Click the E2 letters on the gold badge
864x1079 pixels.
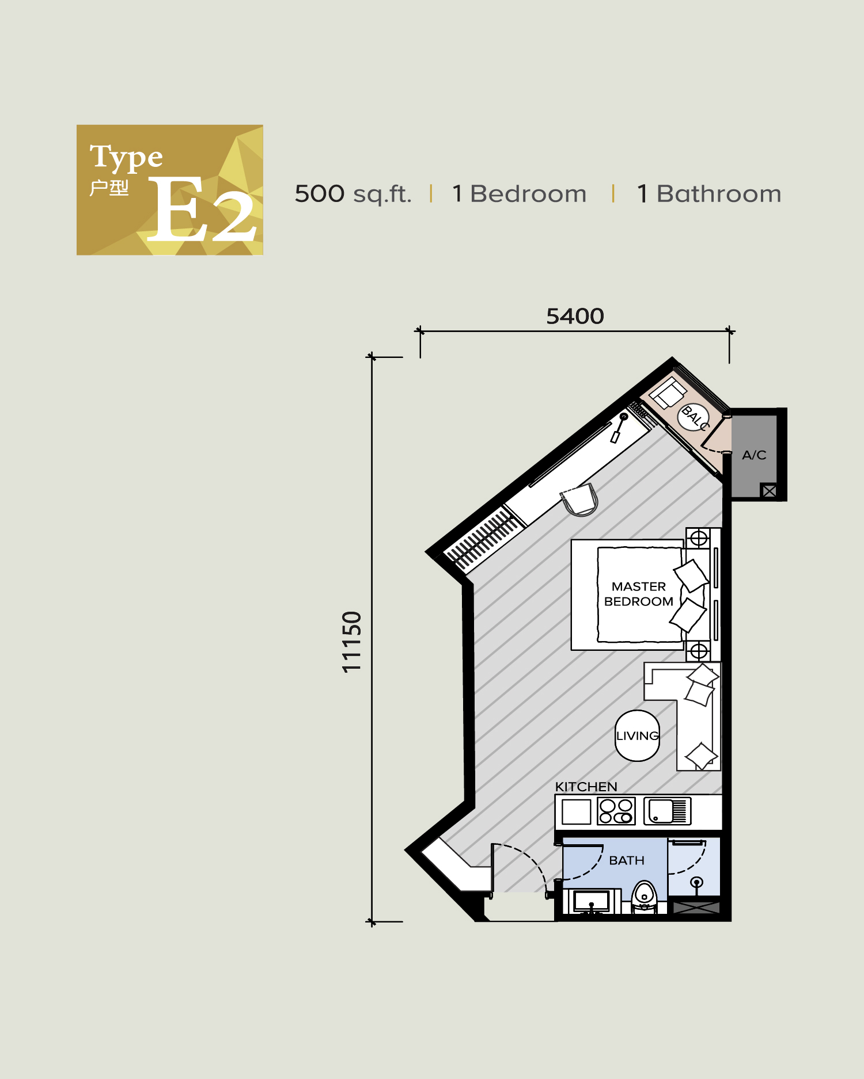pyautogui.click(x=202, y=210)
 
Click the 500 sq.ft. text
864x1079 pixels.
pyautogui.click(x=353, y=194)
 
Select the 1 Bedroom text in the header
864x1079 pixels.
pyautogui.click(x=519, y=194)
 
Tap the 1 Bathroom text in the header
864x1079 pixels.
pyautogui.click(x=709, y=194)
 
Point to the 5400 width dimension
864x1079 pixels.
pyautogui.click(x=575, y=317)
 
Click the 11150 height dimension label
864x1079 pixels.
pyautogui.click(x=351, y=642)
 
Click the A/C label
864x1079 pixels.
pyautogui.click(x=754, y=455)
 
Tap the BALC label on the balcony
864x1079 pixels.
pyautogui.click(x=694, y=417)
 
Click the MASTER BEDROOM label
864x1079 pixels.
pyautogui.click(x=638, y=594)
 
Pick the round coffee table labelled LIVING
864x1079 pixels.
pyautogui.click(x=637, y=735)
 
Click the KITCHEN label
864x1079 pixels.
pyautogui.click(x=586, y=787)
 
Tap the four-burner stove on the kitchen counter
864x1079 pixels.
pyautogui.click(x=616, y=811)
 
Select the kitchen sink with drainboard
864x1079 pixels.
pyautogui.click(x=667, y=811)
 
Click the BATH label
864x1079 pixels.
pyautogui.click(x=627, y=860)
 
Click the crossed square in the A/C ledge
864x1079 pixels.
pyautogui.click(x=769, y=491)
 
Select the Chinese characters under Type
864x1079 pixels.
pyautogui.click(x=109, y=188)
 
